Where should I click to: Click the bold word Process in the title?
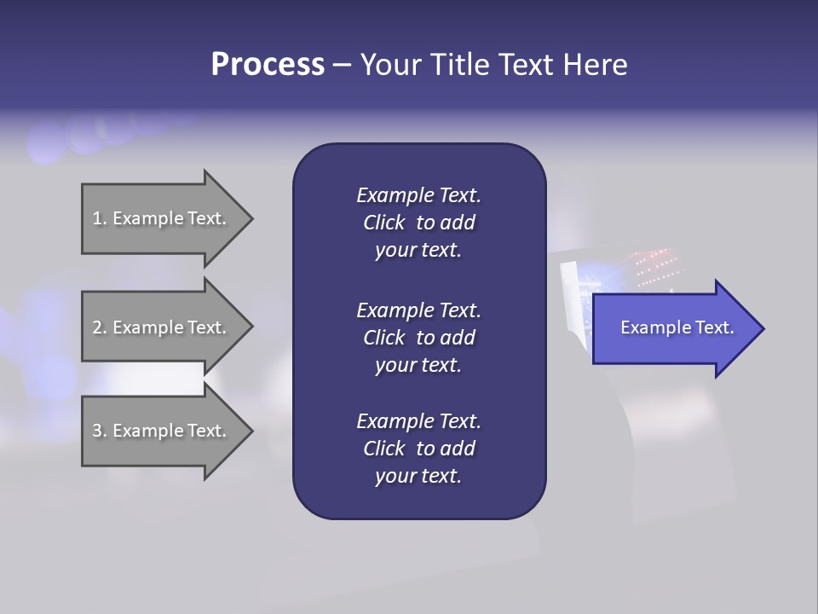coord(268,65)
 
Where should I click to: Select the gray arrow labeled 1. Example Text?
coord(162,218)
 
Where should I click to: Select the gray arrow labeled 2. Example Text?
coord(162,327)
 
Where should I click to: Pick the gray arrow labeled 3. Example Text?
coord(162,431)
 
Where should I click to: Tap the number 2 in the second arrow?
coord(97,327)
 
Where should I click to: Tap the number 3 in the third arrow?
coord(97,431)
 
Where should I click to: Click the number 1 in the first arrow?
coord(97,218)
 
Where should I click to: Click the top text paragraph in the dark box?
coord(418,223)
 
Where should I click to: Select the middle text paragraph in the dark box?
coord(418,337)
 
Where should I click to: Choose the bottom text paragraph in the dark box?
coord(418,449)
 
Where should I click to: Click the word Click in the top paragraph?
coord(383,223)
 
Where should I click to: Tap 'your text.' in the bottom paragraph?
coord(418,476)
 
